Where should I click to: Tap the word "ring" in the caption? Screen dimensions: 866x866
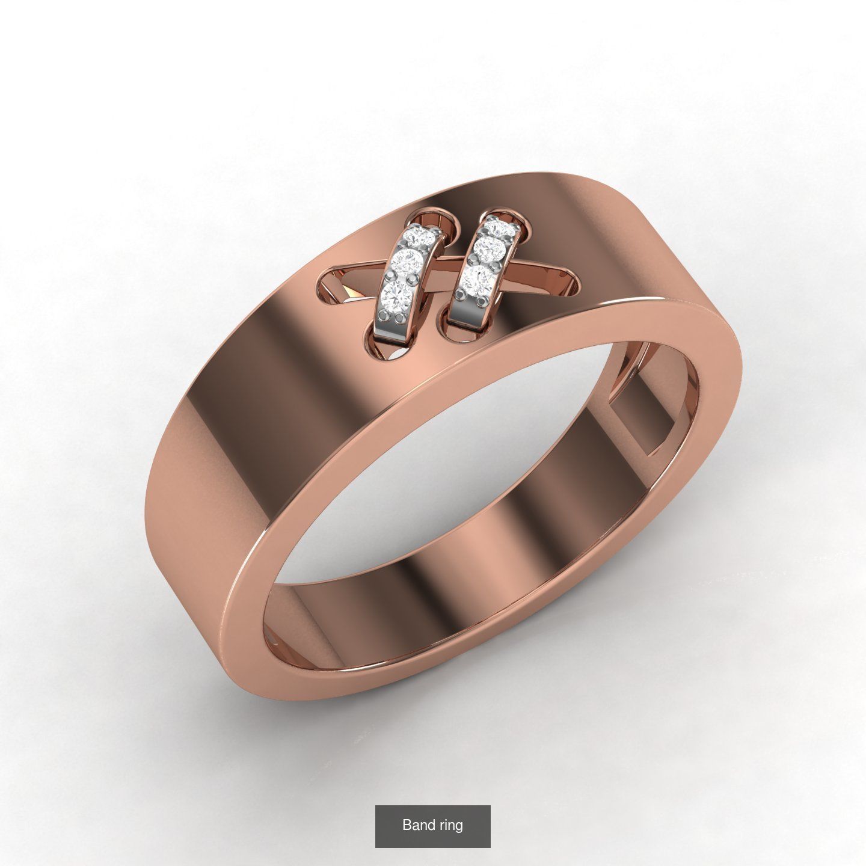[451, 825]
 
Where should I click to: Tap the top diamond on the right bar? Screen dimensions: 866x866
[499, 229]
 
